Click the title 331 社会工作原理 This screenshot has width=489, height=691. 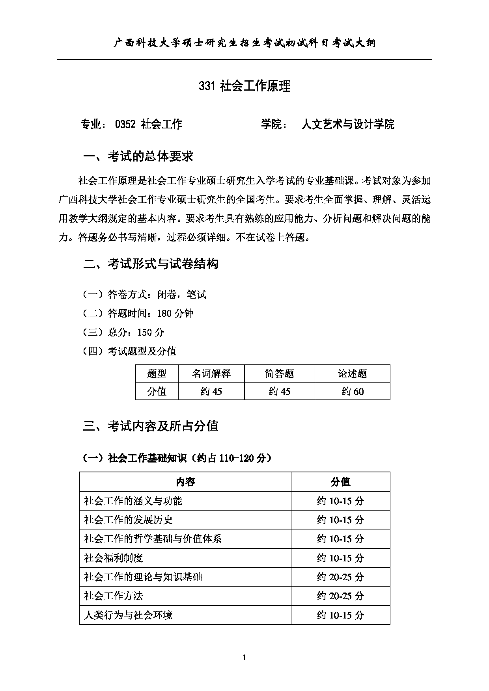tap(244, 86)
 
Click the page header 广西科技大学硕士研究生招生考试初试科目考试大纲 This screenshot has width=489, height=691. tap(244, 43)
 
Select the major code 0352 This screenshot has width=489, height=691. tap(125, 124)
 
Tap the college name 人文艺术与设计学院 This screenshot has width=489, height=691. tap(347, 124)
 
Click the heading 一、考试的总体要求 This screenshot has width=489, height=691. tap(138, 156)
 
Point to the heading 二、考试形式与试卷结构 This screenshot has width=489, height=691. tap(151, 264)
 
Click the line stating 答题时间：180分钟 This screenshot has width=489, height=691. tap(138, 314)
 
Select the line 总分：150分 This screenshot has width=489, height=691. tap(123, 332)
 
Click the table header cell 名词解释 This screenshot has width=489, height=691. tap(211, 373)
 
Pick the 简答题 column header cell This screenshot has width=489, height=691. tap(279, 373)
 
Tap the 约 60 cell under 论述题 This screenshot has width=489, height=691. tap(352, 392)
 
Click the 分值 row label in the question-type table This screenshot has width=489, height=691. tap(157, 392)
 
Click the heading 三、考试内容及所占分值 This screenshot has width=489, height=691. tap(151, 426)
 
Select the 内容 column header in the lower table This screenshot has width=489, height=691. tap(185, 481)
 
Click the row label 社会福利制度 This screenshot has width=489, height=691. tap(114, 558)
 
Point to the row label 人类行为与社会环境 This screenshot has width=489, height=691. tap(128, 615)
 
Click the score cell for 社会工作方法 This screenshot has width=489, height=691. tap(340, 596)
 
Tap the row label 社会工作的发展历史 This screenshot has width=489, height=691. tap(128, 520)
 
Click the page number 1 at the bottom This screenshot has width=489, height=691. tap(244, 657)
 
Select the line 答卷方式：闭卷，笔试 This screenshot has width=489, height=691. tap(144, 295)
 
